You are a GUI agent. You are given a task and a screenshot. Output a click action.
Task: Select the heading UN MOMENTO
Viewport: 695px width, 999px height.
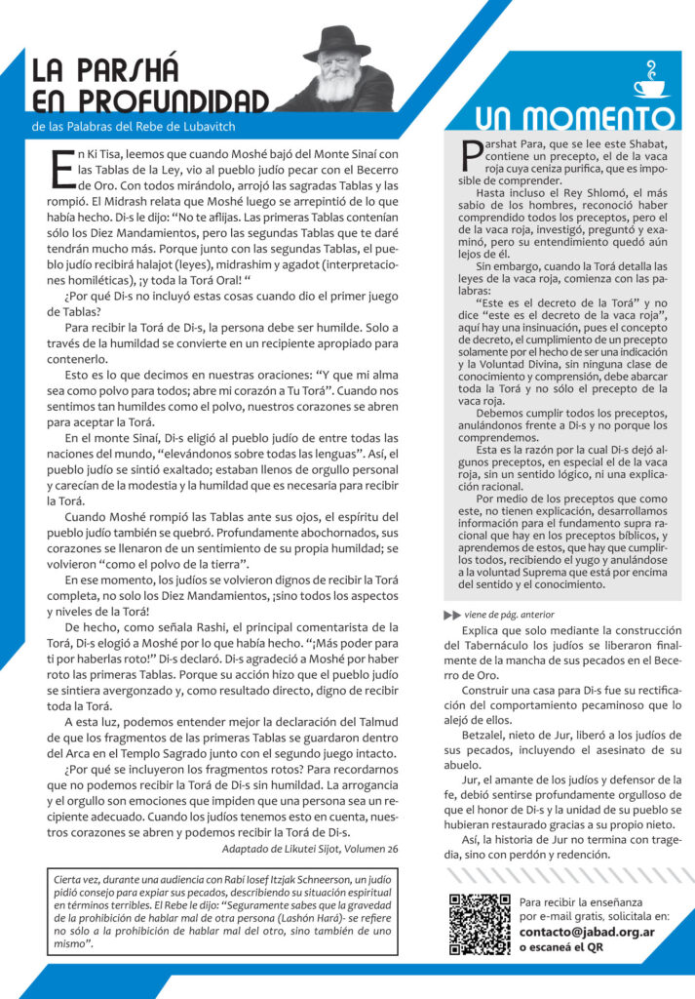pyautogui.click(x=560, y=119)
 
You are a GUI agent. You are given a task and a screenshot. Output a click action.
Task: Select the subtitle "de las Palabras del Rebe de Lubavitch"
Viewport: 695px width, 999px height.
pyautogui.click(x=134, y=126)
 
